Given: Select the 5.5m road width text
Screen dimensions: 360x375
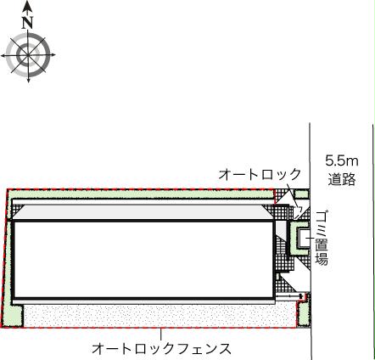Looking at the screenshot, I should point(341,160).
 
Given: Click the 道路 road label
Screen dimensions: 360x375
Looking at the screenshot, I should point(341,179).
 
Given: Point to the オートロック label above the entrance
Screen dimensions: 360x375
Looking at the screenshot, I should point(259,174).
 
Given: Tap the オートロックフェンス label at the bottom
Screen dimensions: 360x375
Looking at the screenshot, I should point(161,349).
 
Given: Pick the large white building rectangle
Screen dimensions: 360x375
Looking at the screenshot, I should point(144,259).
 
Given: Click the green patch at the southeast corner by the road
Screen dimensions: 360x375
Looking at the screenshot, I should point(301,316).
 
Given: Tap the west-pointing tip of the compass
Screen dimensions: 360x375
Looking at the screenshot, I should point(4,56).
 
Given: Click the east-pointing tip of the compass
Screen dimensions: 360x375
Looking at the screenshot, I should point(56,56).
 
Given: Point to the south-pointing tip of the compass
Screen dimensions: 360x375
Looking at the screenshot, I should point(30,82).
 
